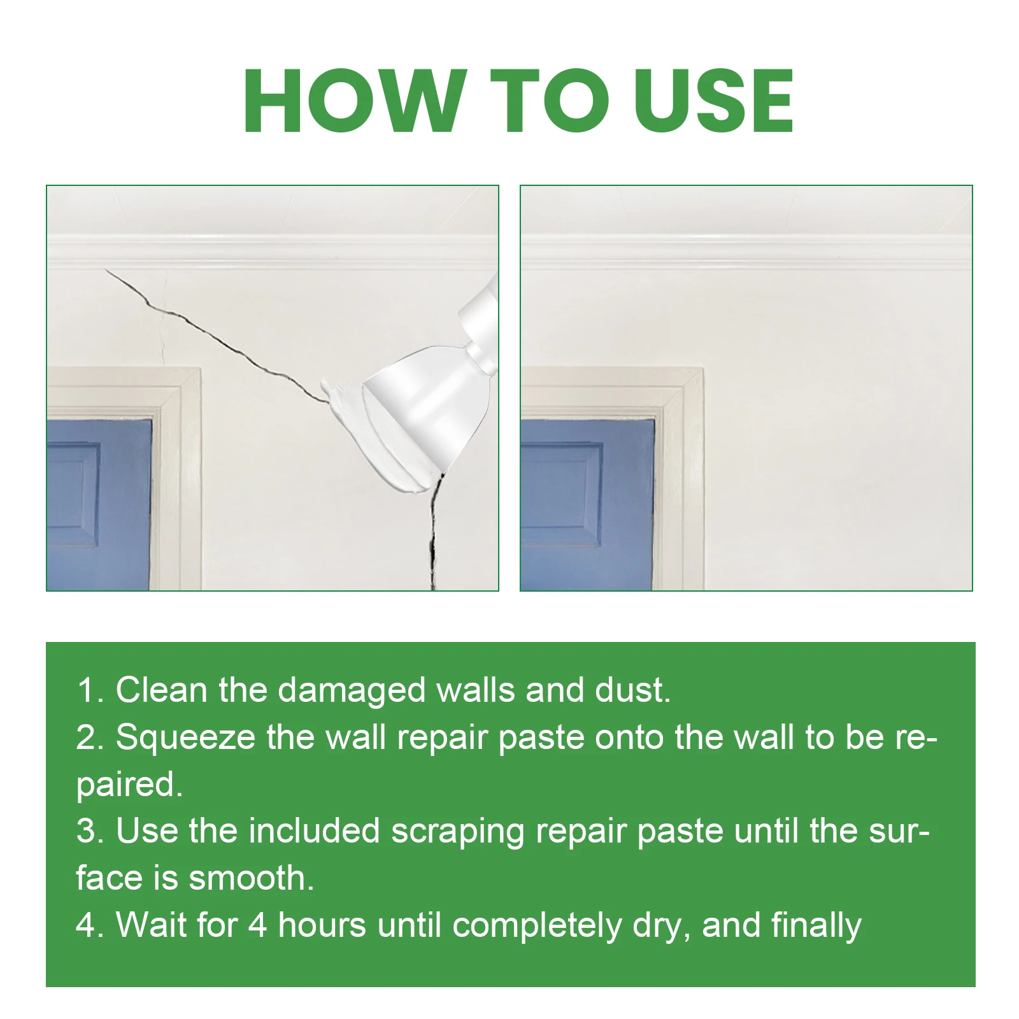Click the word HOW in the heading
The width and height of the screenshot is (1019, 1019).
click(354, 101)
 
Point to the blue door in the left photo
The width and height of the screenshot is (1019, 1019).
click(99, 503)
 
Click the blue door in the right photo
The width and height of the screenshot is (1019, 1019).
click(586, 503)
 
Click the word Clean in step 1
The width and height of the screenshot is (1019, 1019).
click(162, 690)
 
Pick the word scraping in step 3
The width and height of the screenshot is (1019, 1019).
click(458, 832)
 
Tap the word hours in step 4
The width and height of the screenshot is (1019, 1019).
click(322, 925)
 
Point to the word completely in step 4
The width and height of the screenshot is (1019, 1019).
click(537, 926)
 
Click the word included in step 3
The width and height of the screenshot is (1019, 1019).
click(314, 831)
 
